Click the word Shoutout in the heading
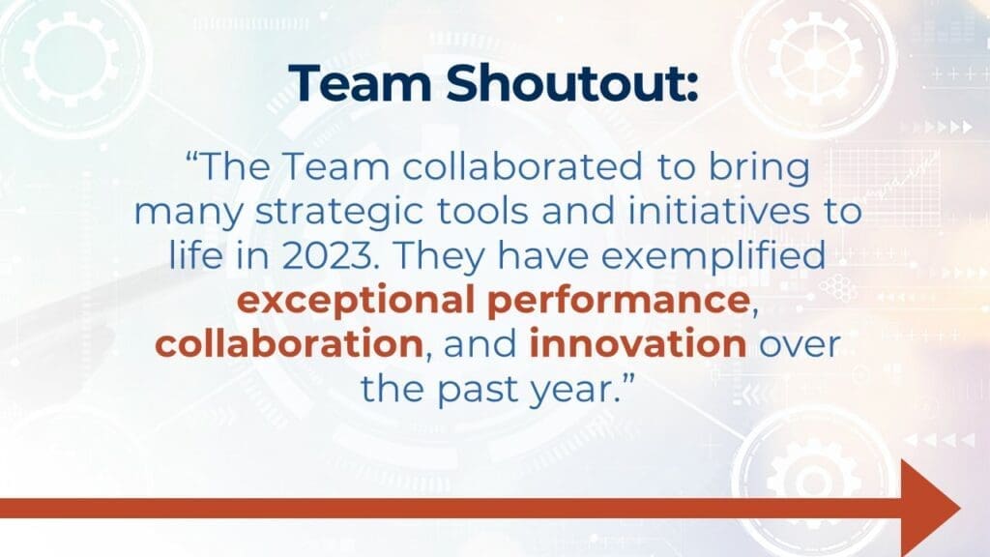point(572,83)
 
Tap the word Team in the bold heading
point(361,83)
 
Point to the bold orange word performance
point(619,301)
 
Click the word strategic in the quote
point(338,212)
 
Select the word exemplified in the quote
point(713,256)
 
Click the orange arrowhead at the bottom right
point(931,508)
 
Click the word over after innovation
point(799,345)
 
